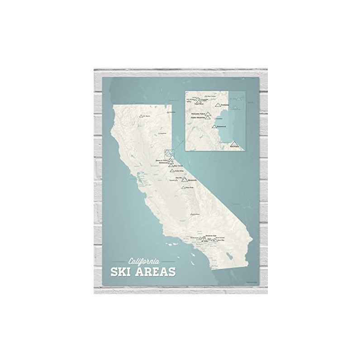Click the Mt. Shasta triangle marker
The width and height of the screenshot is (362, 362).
pos(141,116)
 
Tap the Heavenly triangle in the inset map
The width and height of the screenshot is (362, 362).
pos(234,144)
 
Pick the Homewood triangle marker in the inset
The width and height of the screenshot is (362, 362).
pos(214,126)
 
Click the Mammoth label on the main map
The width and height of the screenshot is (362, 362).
pos(192,180)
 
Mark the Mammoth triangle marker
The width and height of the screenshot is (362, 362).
pos(185,180)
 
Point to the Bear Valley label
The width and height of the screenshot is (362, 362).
pos(179,166)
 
